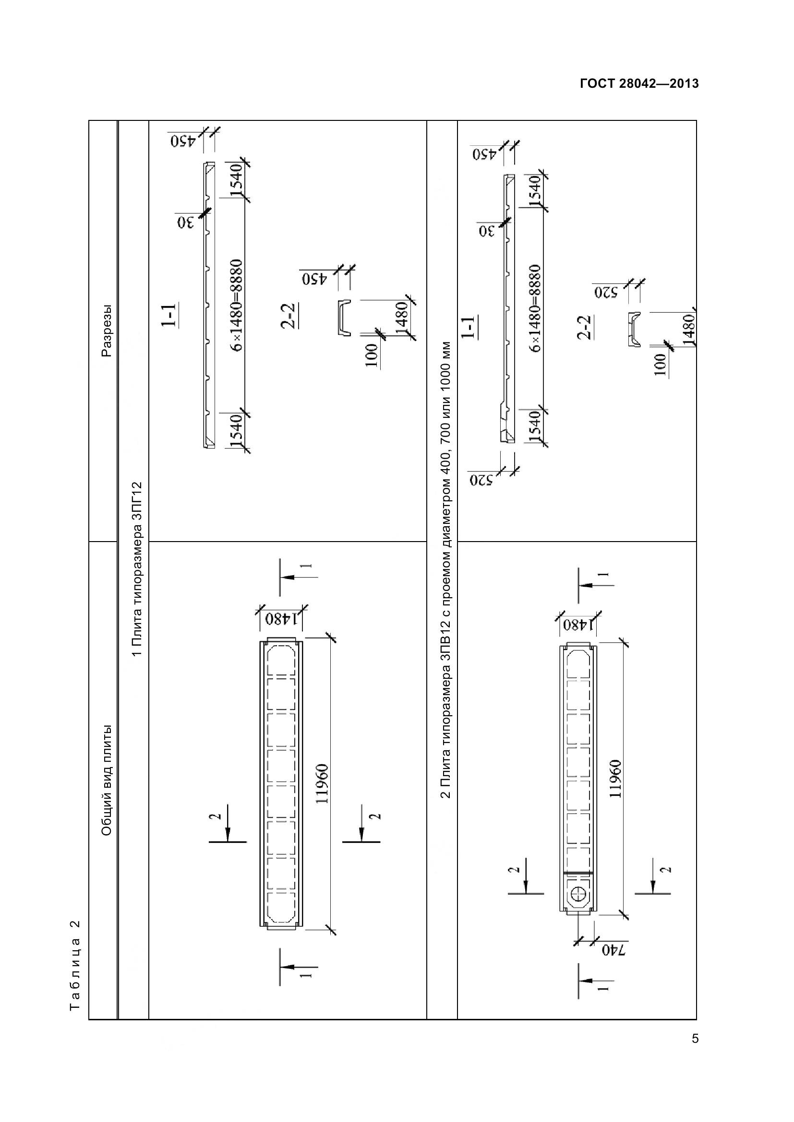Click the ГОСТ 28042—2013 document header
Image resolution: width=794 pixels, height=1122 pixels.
[639, 84]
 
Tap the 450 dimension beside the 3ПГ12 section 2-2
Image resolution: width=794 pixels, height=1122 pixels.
[311, 279]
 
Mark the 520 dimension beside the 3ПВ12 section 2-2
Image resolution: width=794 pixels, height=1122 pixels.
[606, 292]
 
